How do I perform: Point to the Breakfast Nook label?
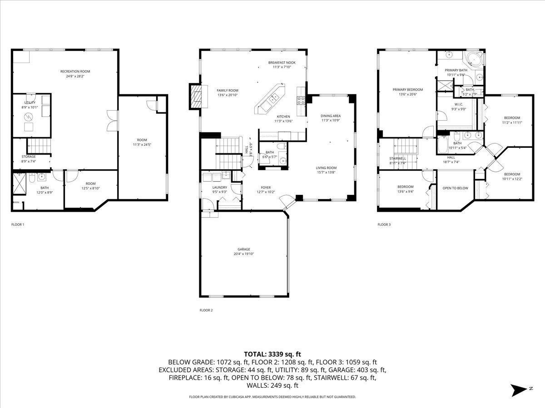[282, 63]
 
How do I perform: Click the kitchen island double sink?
[274, 98]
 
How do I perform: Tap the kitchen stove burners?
[300, 101]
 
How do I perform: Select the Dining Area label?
[331, 116]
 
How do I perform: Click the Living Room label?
[326, 168]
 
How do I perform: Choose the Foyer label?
[265, 187]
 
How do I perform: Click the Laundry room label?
[220, 187]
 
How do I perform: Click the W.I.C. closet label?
[458, 104]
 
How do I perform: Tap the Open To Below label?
[455, 188]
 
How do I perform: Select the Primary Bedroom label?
[407, 90]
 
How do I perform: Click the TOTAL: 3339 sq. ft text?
[272, 354]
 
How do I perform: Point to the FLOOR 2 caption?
[206, 311]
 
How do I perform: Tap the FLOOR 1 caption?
[18, 224]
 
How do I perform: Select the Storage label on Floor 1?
[29, 157]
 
